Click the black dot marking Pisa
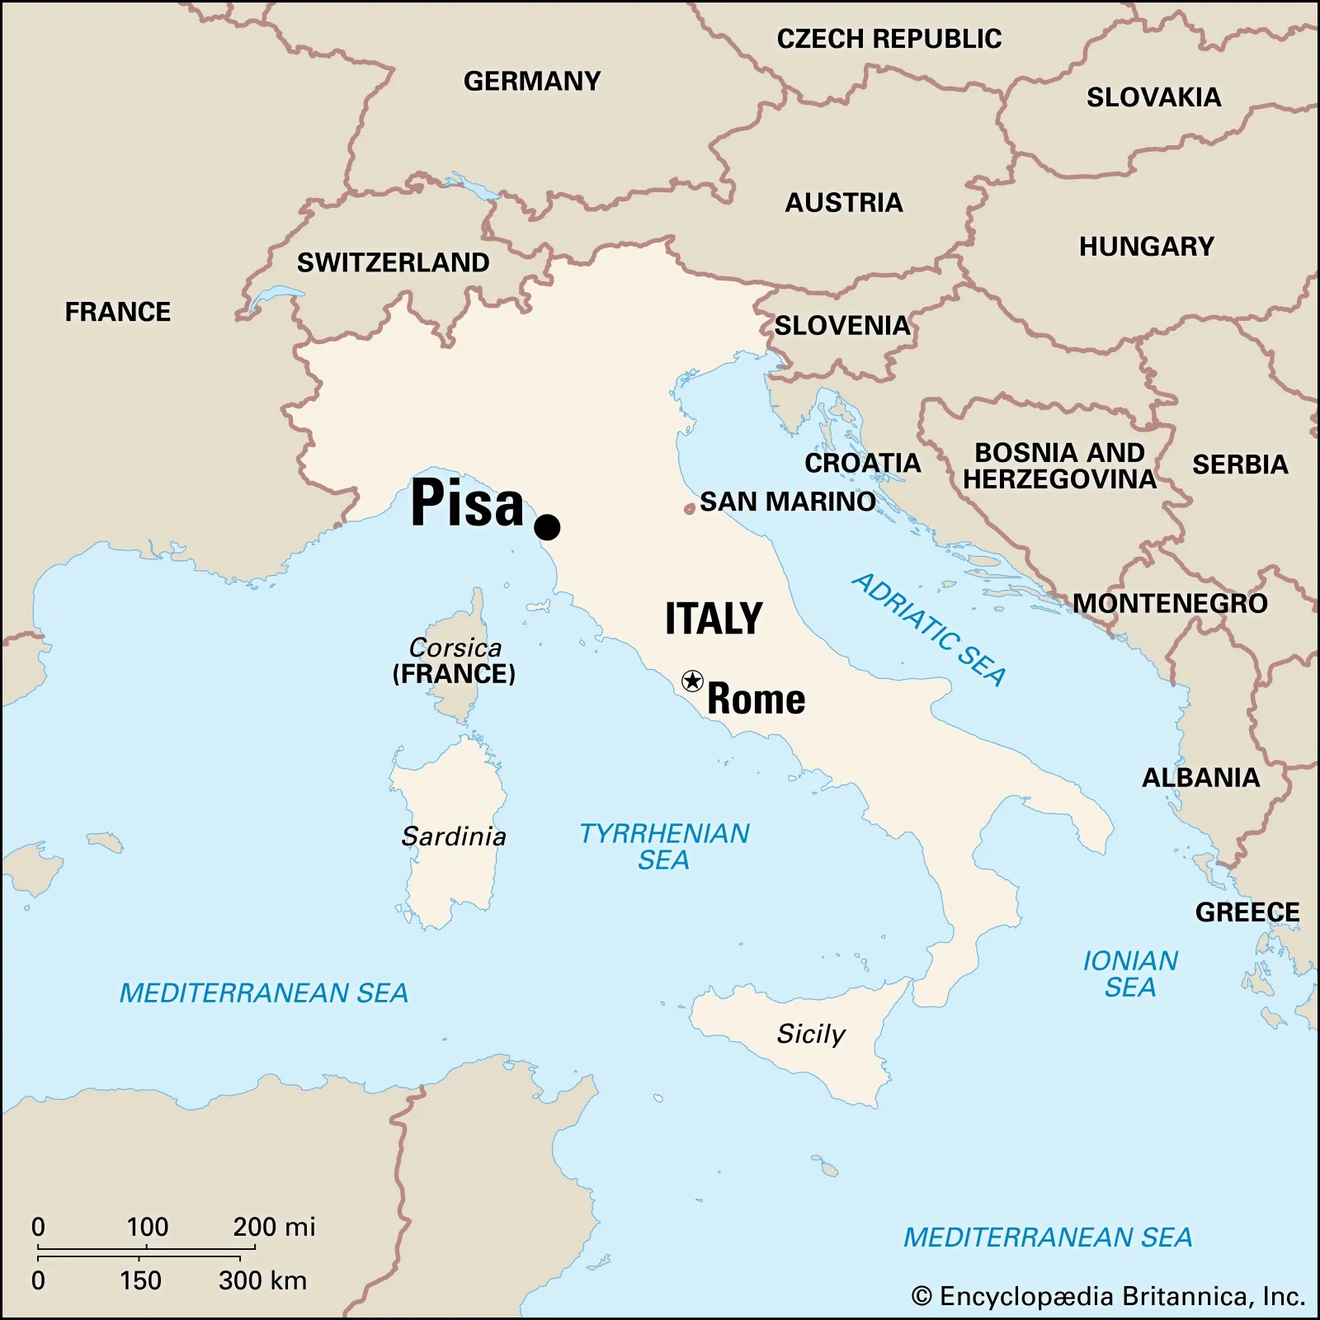pyautogui.click(x=547, y=526)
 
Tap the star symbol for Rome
pyautogui.click(x=692, y=681)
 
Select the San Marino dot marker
pyautogui.click(x=689, y=509)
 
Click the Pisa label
pyautogui.click(x=467, y=502)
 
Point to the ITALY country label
pyautogui.click(x=714, y=619)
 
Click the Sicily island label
pyautogui.click(x=811, y=1034)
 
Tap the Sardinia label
pyautogui.click(x=454, y=837)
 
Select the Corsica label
pyautogui.click(x=455, y=648)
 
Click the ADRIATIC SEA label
pyautogui.click(x=929, y=629)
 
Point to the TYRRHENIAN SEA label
pyautogui.click(x=664, y=846)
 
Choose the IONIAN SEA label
pyautogui.click(x=1130, y=973)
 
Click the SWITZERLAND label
pyautogui.click(x=393, y=262)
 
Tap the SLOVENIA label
pyautogui.click(x=842, y=325)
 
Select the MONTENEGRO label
pyautogui.click(x=1170, y=603)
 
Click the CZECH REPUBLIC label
pyautogui.click(x=889, y=39)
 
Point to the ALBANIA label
pyautogui.click(x=1200, y=777)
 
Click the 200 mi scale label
pyautogui.click(x=274, y=1227)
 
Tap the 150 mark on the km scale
pyautogui.click(x=140, y=1280)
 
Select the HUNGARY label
pyautogui.click(x=1147, y=246)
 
